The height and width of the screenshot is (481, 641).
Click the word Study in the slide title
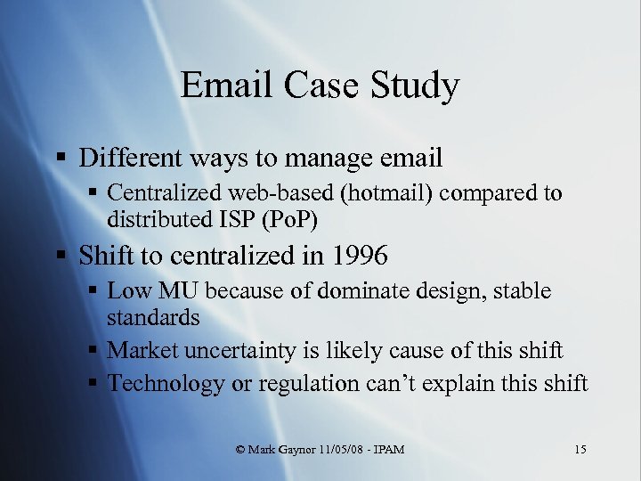[x=418, y=86]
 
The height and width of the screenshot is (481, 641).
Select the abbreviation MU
[x=177, y=291]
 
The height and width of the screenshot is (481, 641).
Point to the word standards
[x=153, y=316]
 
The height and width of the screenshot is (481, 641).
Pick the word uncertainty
[x=227, y=351]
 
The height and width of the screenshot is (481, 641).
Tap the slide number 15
[x=580, y=449]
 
